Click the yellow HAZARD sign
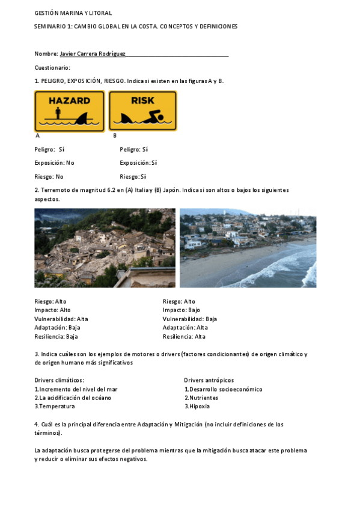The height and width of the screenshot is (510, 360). [x=69, y=111]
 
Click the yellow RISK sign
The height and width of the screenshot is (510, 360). [x=142, y=111]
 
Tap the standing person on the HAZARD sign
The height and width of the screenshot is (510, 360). [x=57, y=114]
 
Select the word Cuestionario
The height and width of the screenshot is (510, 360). [x=52, y=67]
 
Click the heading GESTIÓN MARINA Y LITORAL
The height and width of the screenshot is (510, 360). [x=73, y=13]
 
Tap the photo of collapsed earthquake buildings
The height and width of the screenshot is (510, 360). [x=105, y=248]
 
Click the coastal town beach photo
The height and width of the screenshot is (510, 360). [x=248, y=248]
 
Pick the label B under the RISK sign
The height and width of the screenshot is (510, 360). [x=115, y=136]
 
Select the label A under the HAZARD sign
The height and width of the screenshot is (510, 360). [x=38, y=136]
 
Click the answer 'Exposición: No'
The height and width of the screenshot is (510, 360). [x=55, y=163]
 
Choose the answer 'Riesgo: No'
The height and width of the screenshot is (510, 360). [x=49, y=177]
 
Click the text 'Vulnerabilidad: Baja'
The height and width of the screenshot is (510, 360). [x=190, y=319]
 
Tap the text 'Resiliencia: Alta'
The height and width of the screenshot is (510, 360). [x=184, y=337]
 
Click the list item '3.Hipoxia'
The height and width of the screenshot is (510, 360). [x=197, y=406]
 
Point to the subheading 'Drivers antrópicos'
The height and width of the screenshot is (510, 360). [x=209, y=380]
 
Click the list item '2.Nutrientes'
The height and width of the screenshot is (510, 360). [x=201, y=398]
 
